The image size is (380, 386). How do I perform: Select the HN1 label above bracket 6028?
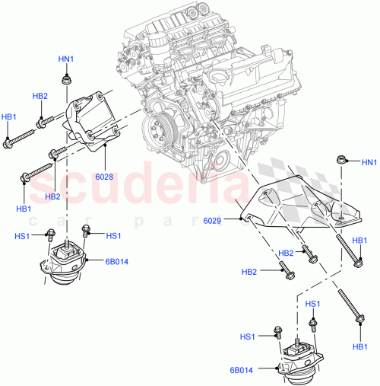(x=66, y=59)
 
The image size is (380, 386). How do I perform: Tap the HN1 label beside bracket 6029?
(x=369, y=162)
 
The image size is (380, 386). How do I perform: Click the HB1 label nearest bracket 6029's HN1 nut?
(x=361, y=241)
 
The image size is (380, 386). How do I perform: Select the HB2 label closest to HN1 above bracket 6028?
(x=40, y=96)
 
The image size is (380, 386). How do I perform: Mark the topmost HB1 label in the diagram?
(x=8, y=116)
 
